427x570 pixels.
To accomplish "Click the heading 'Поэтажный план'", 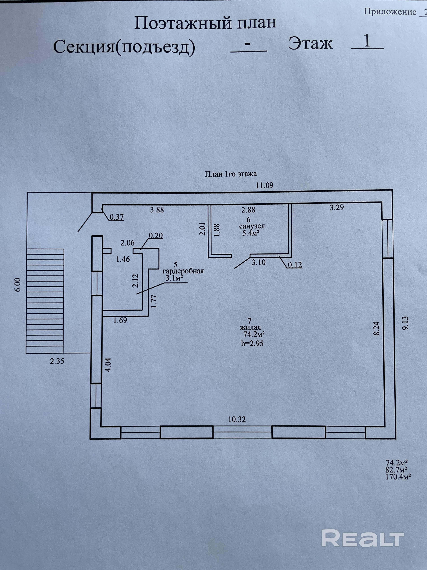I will [x=205, y=23].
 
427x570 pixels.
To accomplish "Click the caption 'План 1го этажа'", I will [x=231, y=174].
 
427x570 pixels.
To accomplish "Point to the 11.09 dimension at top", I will [x=264, y=185].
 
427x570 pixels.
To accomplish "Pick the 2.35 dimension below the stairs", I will [x=57, y=361].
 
